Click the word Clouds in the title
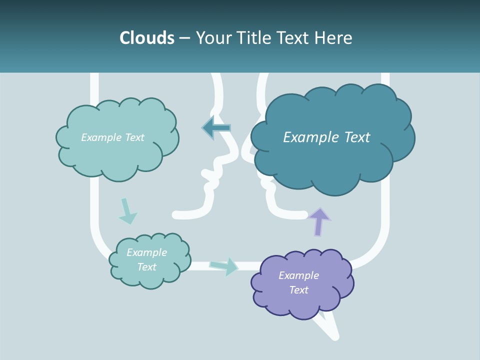click(146, 38)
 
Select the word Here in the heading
click(335, 38)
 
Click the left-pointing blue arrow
click(216, 128)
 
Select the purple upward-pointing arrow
click(319, 221)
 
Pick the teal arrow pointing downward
click(127, 212)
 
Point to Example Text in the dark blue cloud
click(326, 137)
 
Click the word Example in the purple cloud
click(298, 275)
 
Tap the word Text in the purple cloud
click(298, 290)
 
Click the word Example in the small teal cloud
click(146, 252)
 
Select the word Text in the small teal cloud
click(146, 267)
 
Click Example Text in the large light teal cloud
click(112, 137)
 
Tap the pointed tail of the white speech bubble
click(334, 335)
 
